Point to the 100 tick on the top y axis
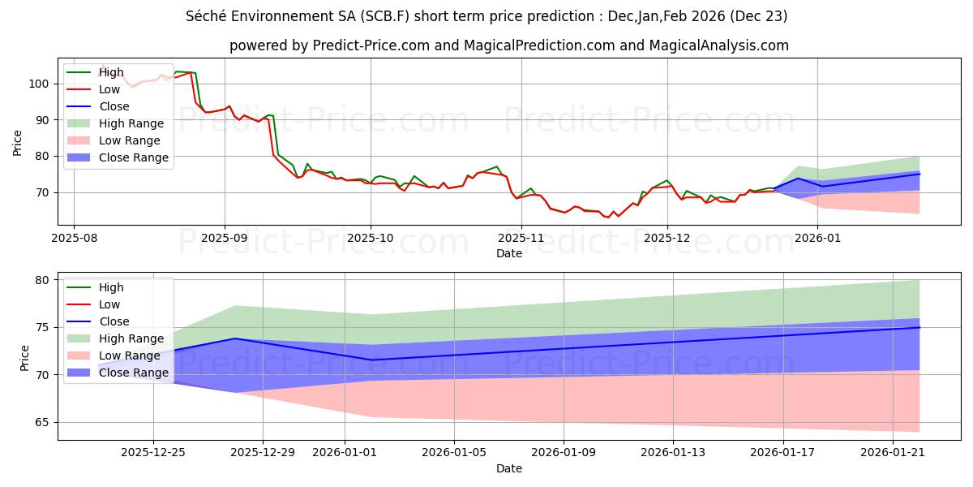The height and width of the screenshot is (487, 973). pyautogui.click(x=41, y=84)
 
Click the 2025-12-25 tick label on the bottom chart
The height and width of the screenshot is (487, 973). pyautogui.click(x=153, y=453)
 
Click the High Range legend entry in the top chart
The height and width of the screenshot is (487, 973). pyautogui.click(x=132, y=123)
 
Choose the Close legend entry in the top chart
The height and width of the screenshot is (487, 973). pyautogui.click(x=114, y=106)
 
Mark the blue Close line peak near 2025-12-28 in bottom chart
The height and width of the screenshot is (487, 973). pyautogui.click(x=235, y=338)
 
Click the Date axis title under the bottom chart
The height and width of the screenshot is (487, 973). pyautogui.click(x=508, y=468)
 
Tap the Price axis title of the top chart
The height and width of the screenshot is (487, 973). pyautogui.click(x=18, y=142)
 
